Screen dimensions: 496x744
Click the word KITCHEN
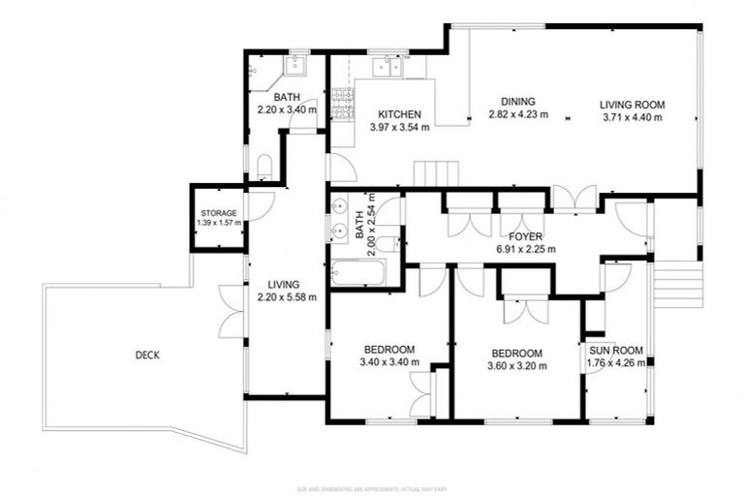[x=399, y=114]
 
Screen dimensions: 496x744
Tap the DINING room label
[x=518, y=102]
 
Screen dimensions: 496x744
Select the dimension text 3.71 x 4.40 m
[x=632, y=117]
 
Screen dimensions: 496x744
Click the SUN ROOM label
[x=611, y=353]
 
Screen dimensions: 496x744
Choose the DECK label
[x=147, y=355]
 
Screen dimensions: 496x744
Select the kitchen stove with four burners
[x=341, y=103]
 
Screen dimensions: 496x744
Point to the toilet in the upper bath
[x=263, y=166]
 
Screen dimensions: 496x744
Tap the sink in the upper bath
[x=294, y=66]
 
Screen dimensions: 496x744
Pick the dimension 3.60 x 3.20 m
[x=517, y=366]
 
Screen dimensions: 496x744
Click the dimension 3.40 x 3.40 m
[x=389, y=362]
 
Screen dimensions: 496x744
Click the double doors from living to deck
[x=232, y=311]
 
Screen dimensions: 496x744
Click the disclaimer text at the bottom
[x=371, y=488]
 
